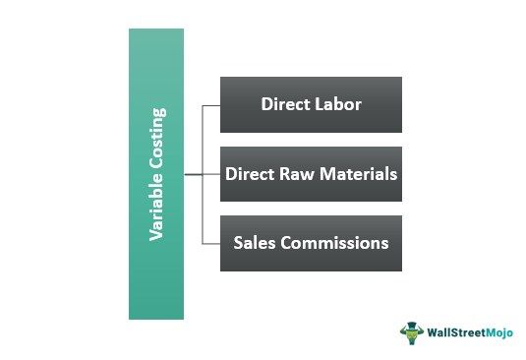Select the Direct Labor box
(x=311, y=103)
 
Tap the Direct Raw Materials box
(x=311, y=174)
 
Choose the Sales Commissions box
(x=311, y=243)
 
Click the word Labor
(x=338, y=103)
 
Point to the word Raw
(x=296, y=174)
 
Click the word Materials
(x=356, y=174)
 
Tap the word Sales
(x=255, y=243)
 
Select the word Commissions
(x=334, y=243)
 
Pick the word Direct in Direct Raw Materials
(x=250, y=174)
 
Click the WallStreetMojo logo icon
(x=409, y=331)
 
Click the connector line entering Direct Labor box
(x=209, y=103)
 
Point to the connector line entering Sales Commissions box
(x=209, y=243)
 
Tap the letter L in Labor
(x=319, y=103)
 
